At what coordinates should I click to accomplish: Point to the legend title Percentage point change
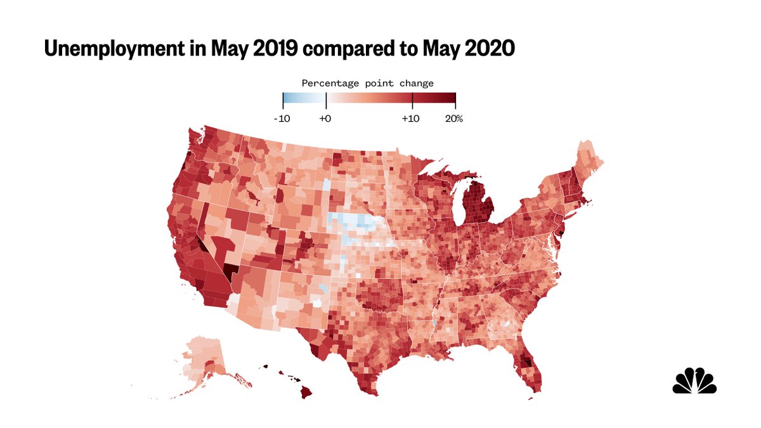point(367,83)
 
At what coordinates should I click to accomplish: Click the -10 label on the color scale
point(282,119)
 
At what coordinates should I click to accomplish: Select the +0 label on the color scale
point(325,119)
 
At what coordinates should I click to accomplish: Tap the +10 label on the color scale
point(412,119)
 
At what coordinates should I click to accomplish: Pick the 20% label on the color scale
point(455,119)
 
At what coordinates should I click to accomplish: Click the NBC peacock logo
point(694,380)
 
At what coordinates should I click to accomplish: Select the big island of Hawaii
point(306,392)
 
